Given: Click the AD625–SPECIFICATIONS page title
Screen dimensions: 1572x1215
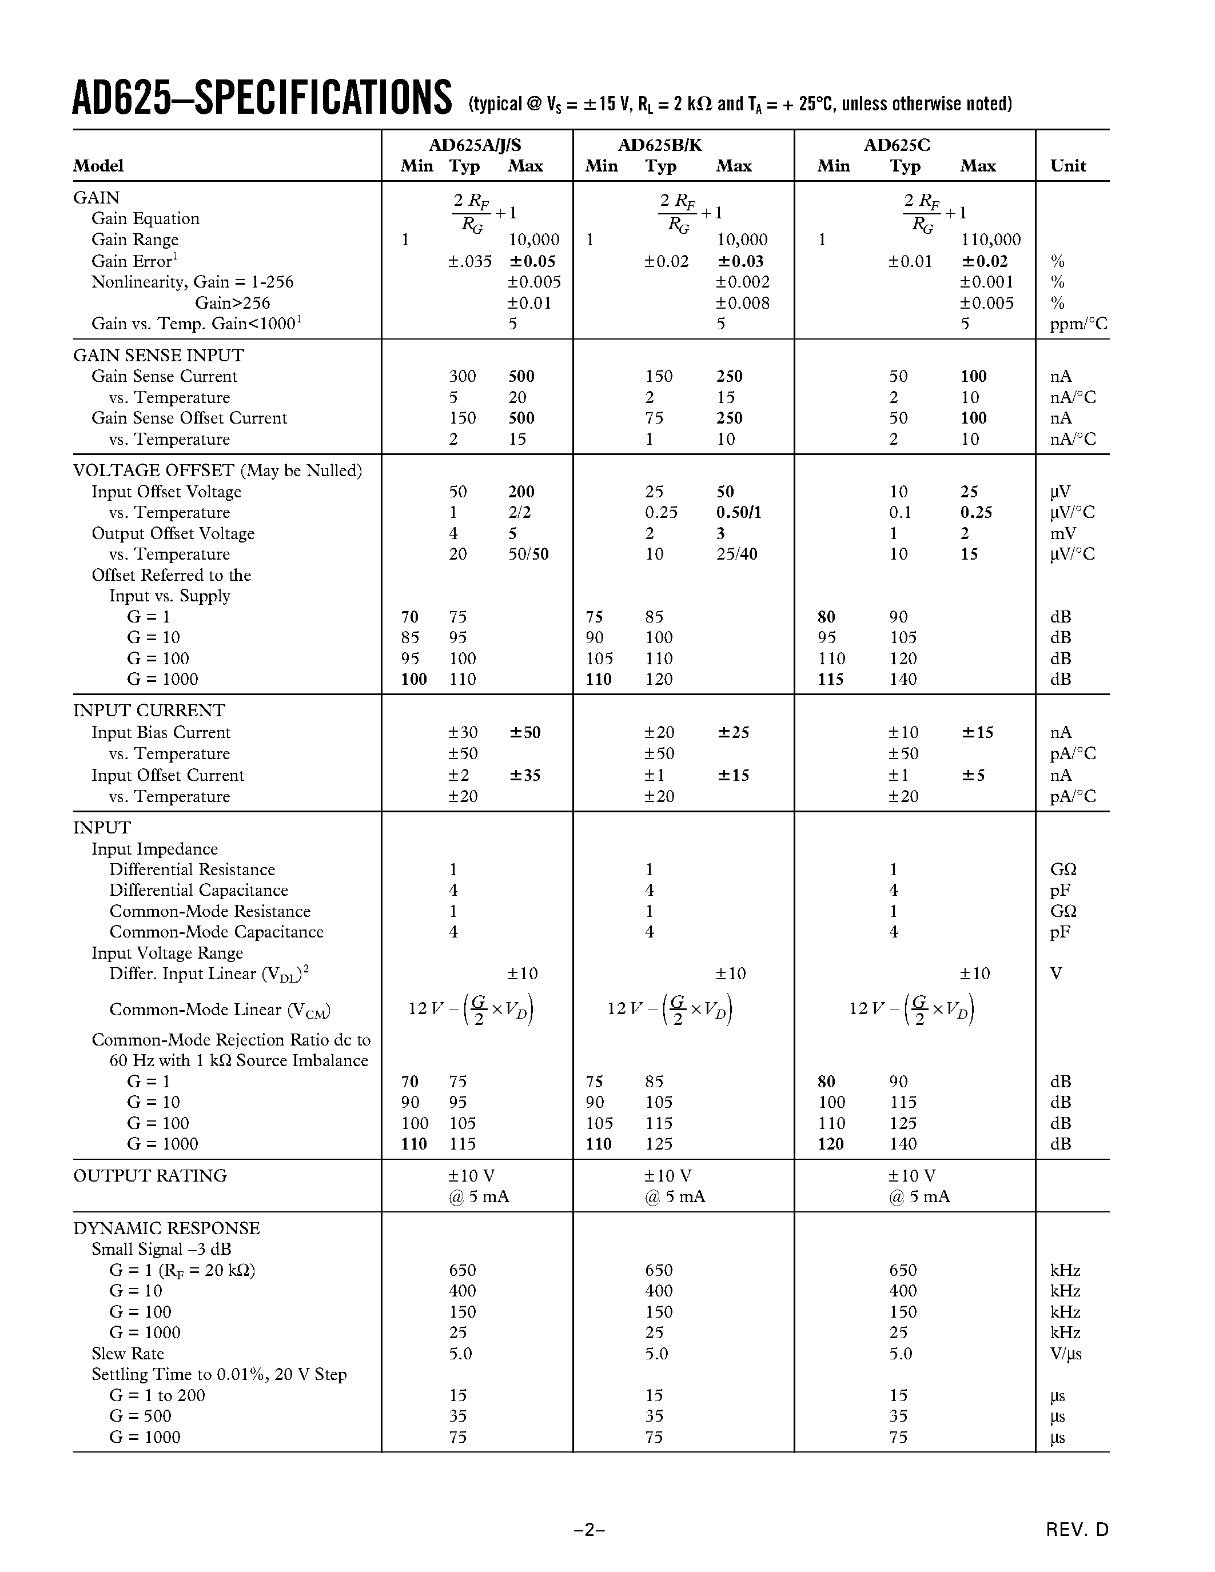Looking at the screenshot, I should [262, 99].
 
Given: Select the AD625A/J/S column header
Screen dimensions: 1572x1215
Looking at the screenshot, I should [475, 145].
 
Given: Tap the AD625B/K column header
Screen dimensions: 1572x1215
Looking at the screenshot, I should [659, 145].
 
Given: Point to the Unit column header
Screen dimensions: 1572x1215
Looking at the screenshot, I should [1067, 166].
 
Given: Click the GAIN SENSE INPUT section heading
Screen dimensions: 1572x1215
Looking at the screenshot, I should [158, 356].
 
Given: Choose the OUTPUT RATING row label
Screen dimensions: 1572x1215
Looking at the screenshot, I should [150, 1176].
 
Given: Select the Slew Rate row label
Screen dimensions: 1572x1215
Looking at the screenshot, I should [128, 1354].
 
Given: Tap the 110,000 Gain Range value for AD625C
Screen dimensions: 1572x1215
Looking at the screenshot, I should [990, 240].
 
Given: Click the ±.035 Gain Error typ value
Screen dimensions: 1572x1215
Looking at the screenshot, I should [469, 261].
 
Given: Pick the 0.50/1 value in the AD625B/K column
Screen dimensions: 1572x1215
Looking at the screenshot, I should [739, 513].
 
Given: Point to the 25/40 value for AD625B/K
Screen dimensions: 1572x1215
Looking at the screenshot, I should [736, 554].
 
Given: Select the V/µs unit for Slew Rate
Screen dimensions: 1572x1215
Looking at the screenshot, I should [1065, 1354].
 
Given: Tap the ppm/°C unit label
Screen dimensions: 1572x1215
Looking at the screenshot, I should [1078, 324].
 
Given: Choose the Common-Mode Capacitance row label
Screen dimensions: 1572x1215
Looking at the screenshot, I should [216, 932].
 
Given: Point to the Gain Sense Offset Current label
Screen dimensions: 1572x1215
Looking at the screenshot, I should [189, 418].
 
